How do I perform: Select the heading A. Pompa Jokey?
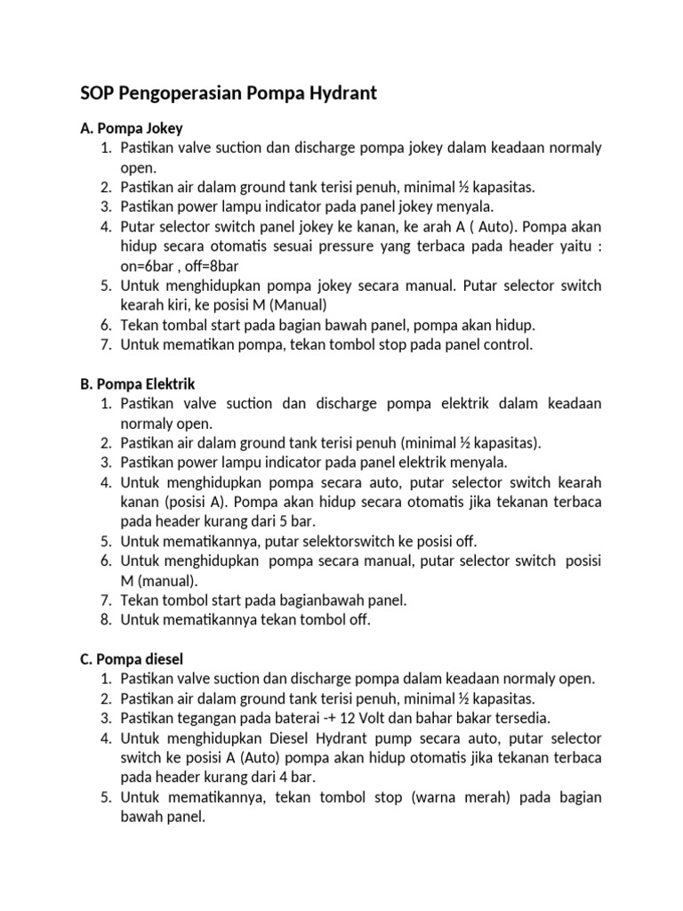132,128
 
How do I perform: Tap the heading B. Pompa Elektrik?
138,383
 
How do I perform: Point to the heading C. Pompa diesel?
132,658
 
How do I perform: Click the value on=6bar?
152,266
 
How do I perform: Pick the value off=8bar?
216,266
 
